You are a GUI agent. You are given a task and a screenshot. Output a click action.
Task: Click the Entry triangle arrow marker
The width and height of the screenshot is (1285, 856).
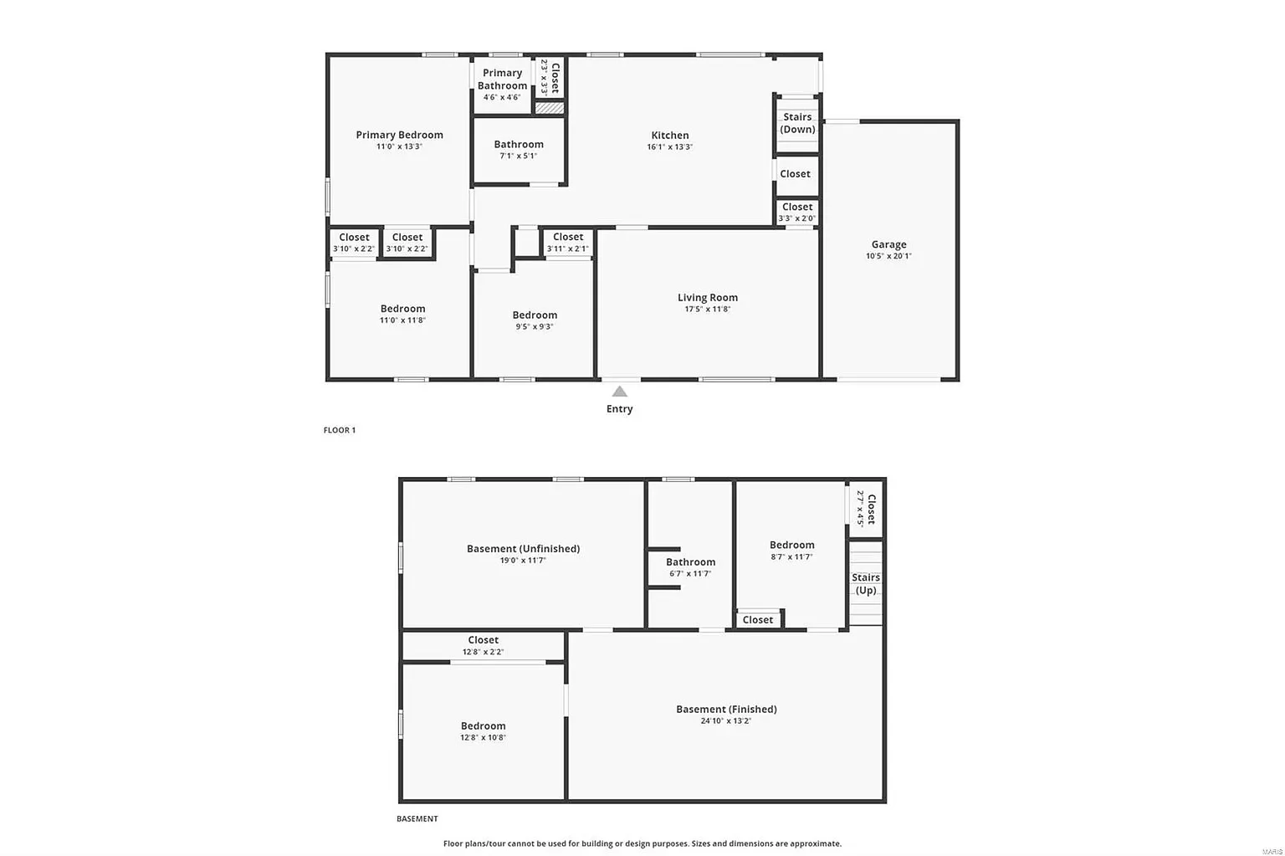pos(620,392)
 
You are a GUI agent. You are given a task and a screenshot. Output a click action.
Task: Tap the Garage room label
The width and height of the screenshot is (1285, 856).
pos(888,244)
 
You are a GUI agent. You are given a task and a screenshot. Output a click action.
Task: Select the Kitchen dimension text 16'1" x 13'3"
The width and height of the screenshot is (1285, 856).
pos(670,147)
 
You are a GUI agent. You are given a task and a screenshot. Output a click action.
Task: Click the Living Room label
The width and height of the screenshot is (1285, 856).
pos(707,297)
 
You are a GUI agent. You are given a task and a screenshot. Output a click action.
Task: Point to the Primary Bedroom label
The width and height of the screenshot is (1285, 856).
pos(399,135)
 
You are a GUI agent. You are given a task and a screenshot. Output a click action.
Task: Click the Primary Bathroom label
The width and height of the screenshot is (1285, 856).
pos(502,79)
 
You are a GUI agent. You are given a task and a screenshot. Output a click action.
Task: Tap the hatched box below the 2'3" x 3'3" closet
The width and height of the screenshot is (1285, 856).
pos(550,107)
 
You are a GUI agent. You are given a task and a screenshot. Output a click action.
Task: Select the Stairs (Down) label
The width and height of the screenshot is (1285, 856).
pos(797,123)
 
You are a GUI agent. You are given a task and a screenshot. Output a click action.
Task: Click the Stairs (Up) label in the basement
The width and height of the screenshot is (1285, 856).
pos(866,583)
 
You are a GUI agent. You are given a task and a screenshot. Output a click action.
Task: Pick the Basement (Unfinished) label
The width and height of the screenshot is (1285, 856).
pos(523,548)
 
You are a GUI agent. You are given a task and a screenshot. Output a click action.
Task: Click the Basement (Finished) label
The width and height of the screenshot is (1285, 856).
pos(726,709)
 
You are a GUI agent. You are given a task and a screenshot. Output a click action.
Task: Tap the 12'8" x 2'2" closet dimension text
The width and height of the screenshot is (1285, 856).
pos(483,652)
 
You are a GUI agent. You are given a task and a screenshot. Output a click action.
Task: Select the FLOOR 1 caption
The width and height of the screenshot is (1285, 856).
pos(340,430)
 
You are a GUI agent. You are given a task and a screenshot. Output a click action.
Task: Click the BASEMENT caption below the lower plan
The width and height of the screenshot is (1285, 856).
pos(417,818)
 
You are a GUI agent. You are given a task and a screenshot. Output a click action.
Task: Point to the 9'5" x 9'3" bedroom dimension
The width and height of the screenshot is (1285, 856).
pos(535,327)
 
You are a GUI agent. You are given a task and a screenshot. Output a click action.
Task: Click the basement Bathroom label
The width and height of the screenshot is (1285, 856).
pos(691,561)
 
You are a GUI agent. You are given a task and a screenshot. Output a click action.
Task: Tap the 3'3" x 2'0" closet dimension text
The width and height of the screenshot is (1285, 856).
pos(796,218)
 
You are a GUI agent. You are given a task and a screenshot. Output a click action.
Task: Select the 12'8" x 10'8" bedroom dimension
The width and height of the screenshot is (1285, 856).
pos(483,737)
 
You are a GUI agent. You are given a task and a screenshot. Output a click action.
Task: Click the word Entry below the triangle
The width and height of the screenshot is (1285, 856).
pos(620,409)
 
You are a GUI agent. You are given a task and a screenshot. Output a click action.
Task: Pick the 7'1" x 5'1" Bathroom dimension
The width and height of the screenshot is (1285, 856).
pos(519,156)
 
